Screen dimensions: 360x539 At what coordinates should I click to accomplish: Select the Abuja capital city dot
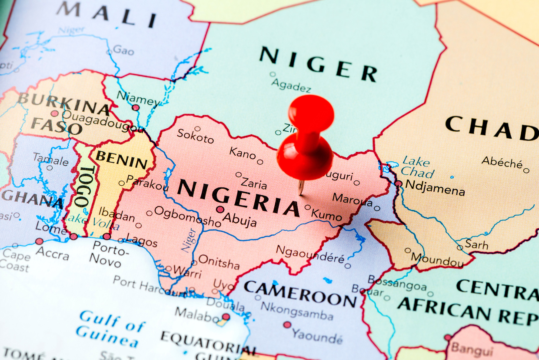coord(220,209)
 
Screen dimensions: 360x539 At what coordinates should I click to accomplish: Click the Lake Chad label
coord(417,167)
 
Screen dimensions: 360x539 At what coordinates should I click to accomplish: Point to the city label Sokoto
coord(195,136)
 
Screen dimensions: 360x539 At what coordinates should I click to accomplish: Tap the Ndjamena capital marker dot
coord(398,183)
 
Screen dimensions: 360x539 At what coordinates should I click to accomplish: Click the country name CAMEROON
coord(300,292)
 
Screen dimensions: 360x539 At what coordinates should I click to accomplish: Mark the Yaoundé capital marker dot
coord(287,324)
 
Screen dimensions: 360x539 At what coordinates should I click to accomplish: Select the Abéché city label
coord(502,163)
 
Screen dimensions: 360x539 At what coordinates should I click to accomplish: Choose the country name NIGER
coord(318,64)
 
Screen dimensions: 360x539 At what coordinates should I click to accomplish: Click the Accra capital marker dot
coord(40,241)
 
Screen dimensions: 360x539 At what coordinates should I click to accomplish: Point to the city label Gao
coord(123,50)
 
